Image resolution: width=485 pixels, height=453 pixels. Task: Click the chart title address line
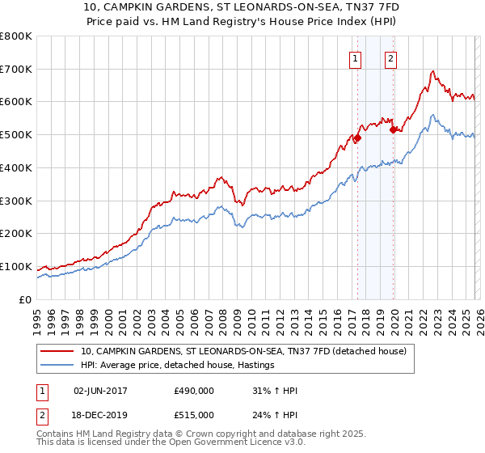[x=242, y=8]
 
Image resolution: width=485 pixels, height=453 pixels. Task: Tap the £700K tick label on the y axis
[x=16, y=69]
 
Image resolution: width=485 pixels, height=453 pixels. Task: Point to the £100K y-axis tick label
[x=16, y=266]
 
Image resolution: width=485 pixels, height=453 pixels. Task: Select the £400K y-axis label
[x=16, y=167]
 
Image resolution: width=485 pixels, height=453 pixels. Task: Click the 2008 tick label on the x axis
[x=222, y=320]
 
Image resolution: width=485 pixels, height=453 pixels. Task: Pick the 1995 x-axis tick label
[x=37, y=320]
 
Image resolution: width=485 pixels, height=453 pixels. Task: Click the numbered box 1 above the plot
[x=356, y=57]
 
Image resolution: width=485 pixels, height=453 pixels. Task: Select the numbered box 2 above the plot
[x=391, y=57]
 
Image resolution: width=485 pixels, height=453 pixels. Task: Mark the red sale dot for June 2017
[x=357, y=138]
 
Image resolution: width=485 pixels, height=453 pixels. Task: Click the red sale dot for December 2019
[x=394, y=129]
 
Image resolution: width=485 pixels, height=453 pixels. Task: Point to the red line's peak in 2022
[x=433, y=72]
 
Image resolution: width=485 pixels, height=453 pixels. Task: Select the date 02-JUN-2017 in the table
[x=105, y=391]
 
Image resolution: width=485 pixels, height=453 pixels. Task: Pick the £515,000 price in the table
[x=193, y=414]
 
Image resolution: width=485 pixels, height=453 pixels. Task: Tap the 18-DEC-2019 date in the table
[x=105, y=414]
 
